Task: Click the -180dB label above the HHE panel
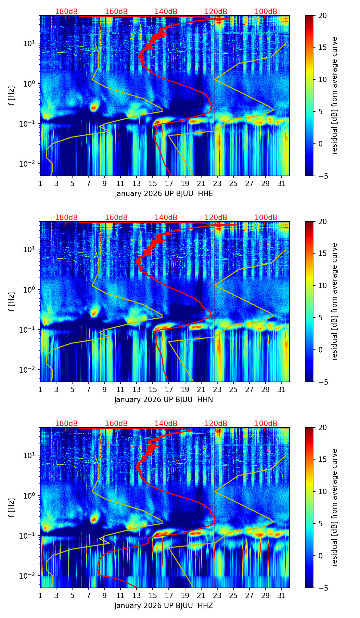(65, 12)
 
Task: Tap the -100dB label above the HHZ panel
(265, 424)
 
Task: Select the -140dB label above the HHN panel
(165, 218)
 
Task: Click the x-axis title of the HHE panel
(164, 194)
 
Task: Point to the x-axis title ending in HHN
(164, 400)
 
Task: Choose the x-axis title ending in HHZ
(164, 606)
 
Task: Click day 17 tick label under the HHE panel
(169, 183)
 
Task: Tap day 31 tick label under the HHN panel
(282, 389)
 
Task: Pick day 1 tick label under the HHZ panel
(40, 595)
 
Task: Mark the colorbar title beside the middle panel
(335, 301)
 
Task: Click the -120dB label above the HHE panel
(215, 12)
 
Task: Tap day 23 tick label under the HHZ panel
(217, 595)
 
